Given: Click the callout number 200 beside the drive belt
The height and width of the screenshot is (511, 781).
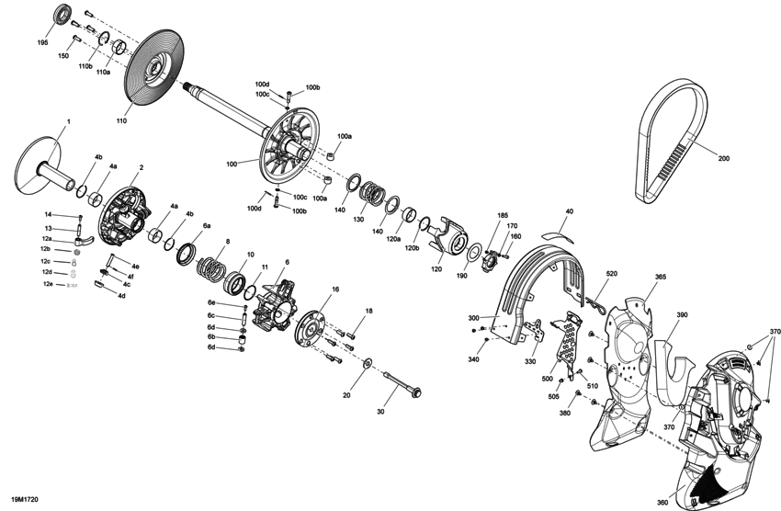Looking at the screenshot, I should pos(723,159).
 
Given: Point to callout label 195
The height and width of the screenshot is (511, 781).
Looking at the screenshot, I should pos(43,42).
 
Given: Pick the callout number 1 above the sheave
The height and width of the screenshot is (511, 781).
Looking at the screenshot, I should pos(68,121).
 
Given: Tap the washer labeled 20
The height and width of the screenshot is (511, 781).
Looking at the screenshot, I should pos(368,363).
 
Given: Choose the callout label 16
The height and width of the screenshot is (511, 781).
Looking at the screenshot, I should pos(335,290).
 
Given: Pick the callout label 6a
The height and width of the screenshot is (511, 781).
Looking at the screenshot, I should pos(207,225).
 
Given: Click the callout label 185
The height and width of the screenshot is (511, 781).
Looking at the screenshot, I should pos(502,216).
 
